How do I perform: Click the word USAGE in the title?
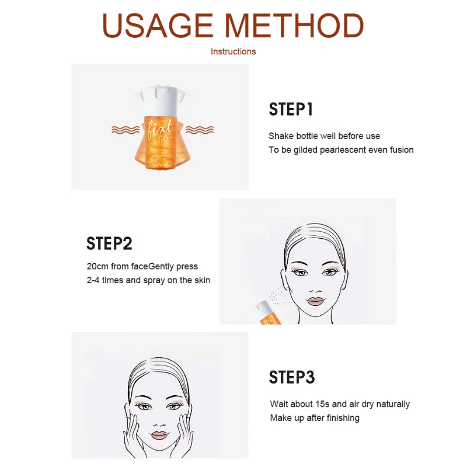[x=157, y=26]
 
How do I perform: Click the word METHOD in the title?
[x=294, y=26]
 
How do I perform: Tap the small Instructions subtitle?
[x=233, y=51]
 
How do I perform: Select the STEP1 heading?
[x=291, y=109]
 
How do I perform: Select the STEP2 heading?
[x=109, y=243]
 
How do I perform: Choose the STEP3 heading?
[x=291, y=377]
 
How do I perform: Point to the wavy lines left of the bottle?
[x=126, y=130]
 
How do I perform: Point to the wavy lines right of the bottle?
[x=200, y=130]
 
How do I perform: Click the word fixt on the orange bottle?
[x=160, y=128]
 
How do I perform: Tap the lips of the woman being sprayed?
[x=315, y=301]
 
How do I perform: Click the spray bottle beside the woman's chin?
[x=268, y=313]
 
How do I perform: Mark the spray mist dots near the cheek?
[x=278, y=295]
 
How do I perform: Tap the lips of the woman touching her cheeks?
[x=159, y=435]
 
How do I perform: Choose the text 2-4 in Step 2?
[x=93, y=280]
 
